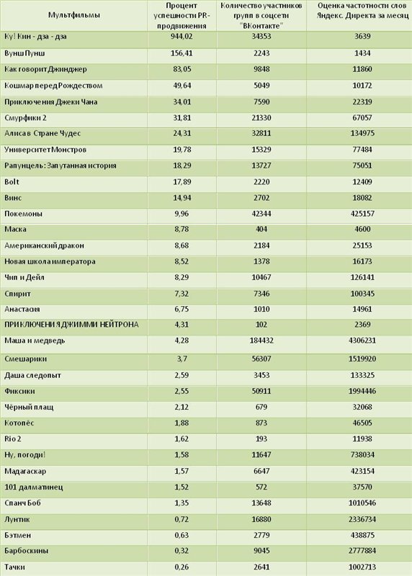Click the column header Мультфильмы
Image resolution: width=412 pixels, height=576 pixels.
[74, 15]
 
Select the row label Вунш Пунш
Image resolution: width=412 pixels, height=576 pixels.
[24, 53]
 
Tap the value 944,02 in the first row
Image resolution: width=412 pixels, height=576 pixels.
[182, 37]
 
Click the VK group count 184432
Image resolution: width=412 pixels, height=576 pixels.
[261, 341]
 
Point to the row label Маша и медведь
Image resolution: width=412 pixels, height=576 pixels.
[35, 341]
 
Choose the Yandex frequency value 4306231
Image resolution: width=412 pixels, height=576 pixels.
[362, 341]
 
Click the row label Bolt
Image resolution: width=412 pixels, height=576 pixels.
[12, 182]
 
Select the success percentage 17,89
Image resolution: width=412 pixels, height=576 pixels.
[182, 182]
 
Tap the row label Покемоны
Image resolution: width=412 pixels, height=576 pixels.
[23, 214]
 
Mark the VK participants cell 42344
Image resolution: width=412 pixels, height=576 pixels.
[261, 214]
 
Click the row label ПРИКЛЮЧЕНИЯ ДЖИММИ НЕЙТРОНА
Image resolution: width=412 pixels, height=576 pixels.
[71, 325]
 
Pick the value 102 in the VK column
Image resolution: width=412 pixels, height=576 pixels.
[261, 325]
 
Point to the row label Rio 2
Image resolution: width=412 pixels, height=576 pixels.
[12, 439]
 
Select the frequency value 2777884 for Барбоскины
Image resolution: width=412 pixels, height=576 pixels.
[362, 551]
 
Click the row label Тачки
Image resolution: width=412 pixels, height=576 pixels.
[14, 567]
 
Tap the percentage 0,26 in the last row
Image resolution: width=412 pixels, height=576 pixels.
[182, 567]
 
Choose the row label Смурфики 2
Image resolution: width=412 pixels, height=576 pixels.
[25, 118]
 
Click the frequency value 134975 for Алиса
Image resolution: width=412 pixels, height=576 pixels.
[362, 133]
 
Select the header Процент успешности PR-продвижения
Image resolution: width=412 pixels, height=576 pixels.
[182, 15]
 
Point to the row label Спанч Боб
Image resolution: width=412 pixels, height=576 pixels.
[22, 503]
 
